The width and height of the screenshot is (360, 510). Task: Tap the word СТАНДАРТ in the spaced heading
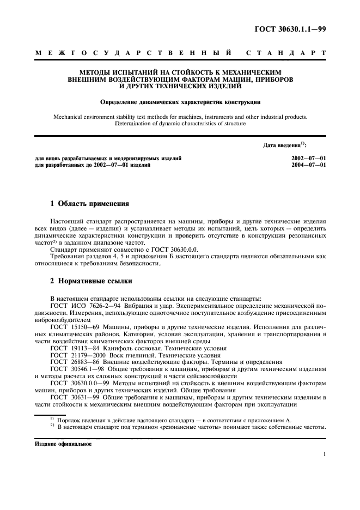[x=286, y=53]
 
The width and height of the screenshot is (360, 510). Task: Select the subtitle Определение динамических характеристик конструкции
[x=180, y=101]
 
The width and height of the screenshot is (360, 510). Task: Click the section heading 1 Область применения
[x=89, y=204]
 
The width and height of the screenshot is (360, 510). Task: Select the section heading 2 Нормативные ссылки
[x=89, y=282]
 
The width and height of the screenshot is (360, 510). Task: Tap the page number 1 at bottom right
[x=325, y=453]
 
